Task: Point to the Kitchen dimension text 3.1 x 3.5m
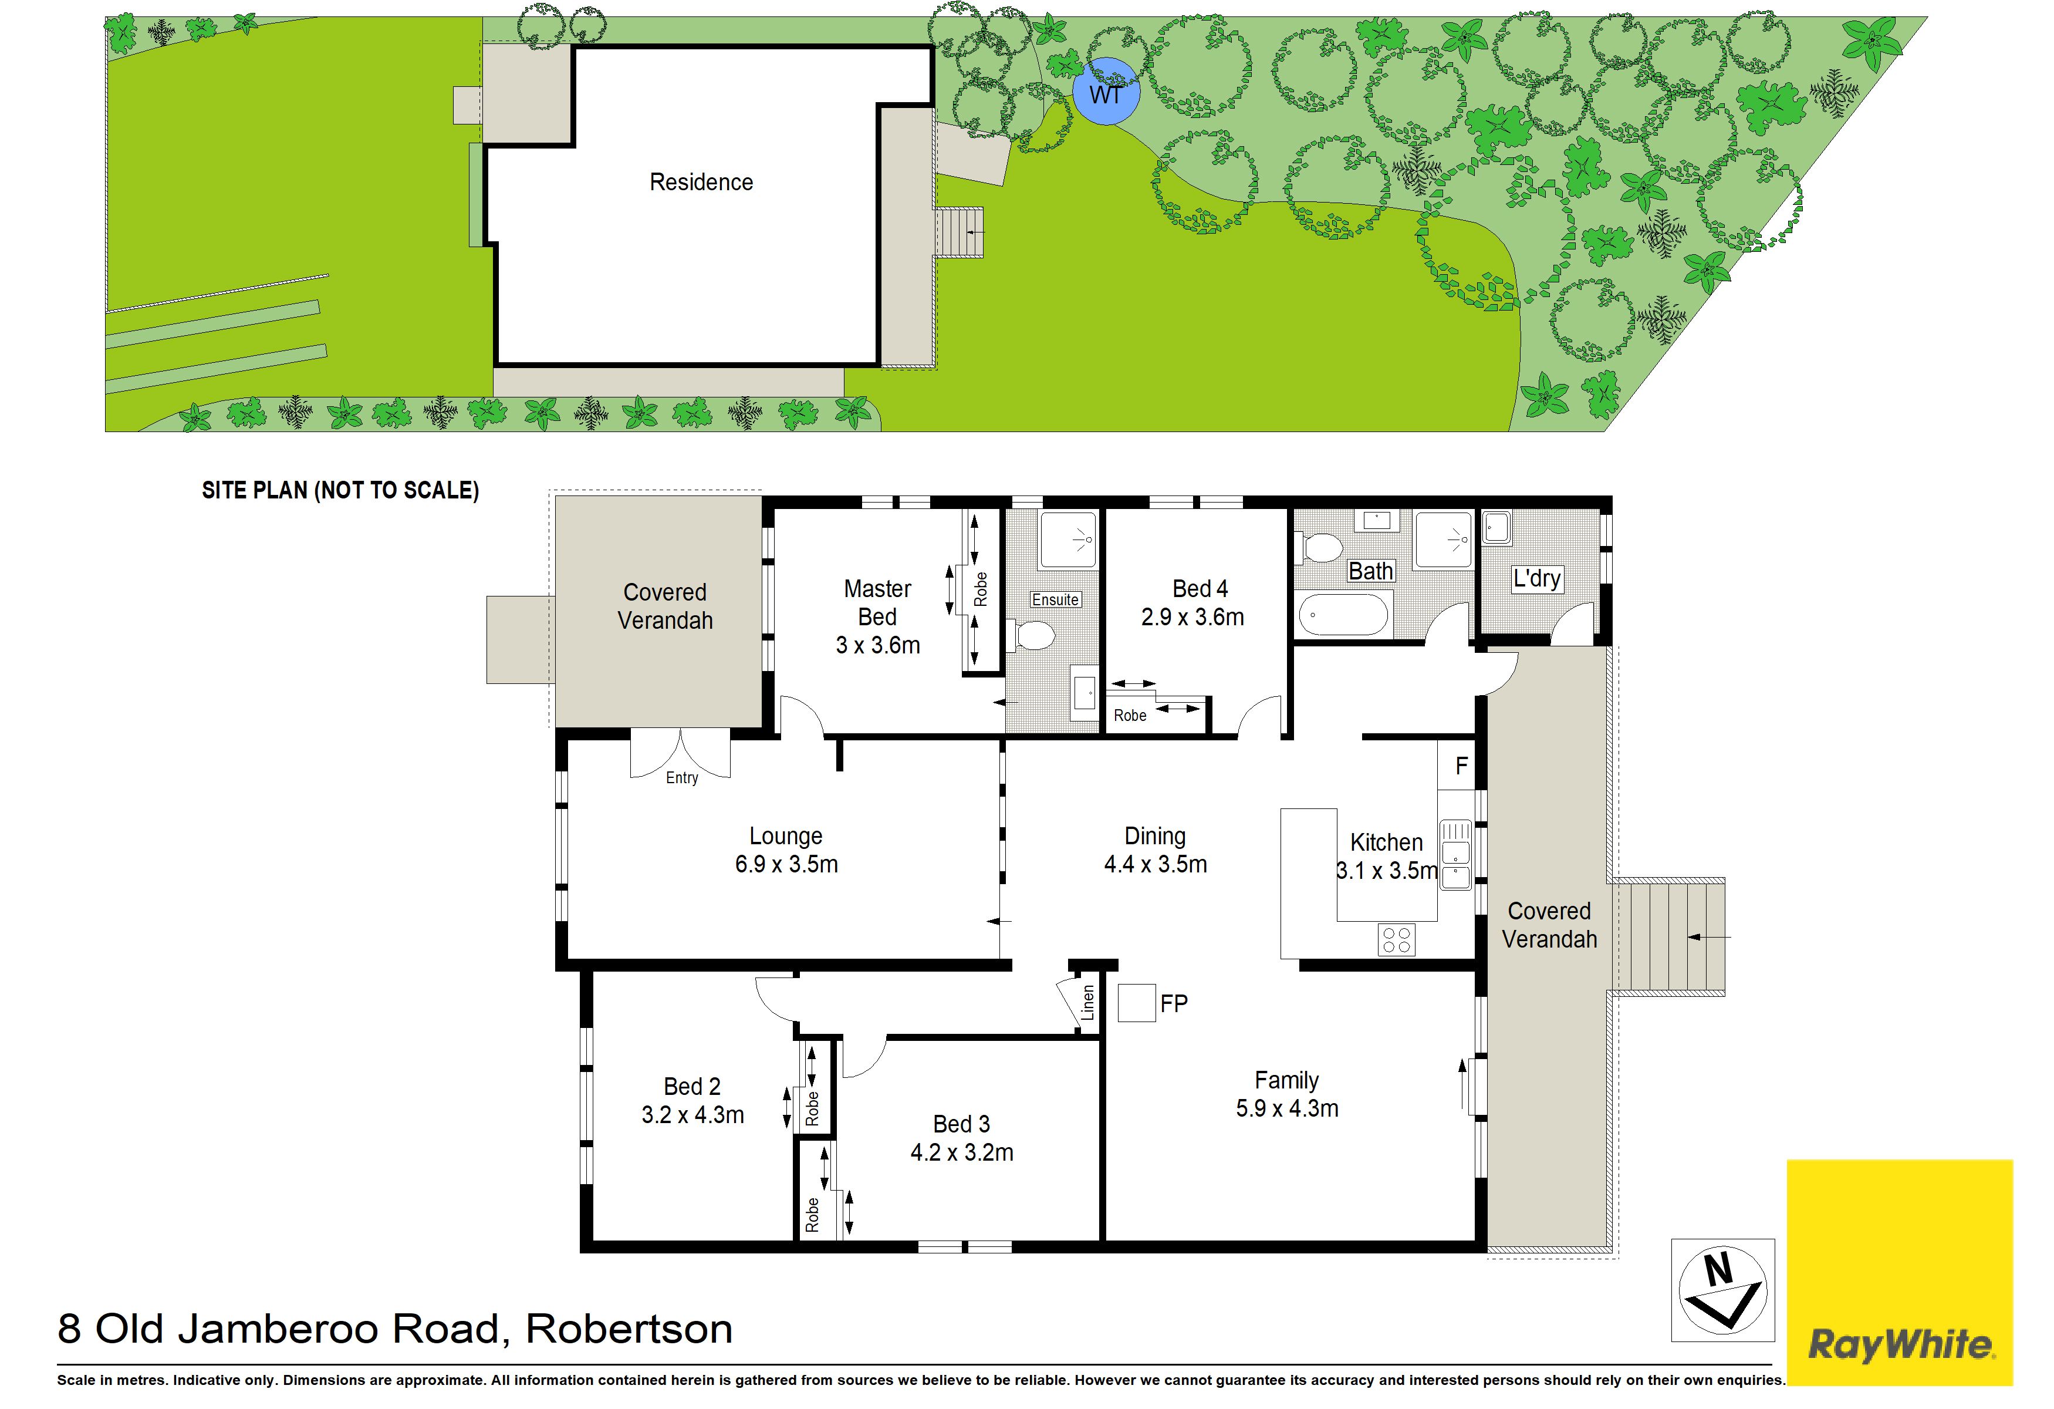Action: [1387, 871]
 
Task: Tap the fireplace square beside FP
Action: [1137, 1003]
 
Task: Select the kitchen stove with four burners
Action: [1397, 940]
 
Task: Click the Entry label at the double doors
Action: [681, 778]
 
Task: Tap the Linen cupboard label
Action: [1088, 1002]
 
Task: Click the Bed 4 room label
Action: [1200, 589]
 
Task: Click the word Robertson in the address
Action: [629, 1329]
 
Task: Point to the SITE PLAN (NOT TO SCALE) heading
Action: [340, 491]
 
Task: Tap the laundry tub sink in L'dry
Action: [1496, 528]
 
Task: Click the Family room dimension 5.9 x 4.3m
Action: [1287, 1108]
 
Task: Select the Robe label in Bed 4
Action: [1130, 715]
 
